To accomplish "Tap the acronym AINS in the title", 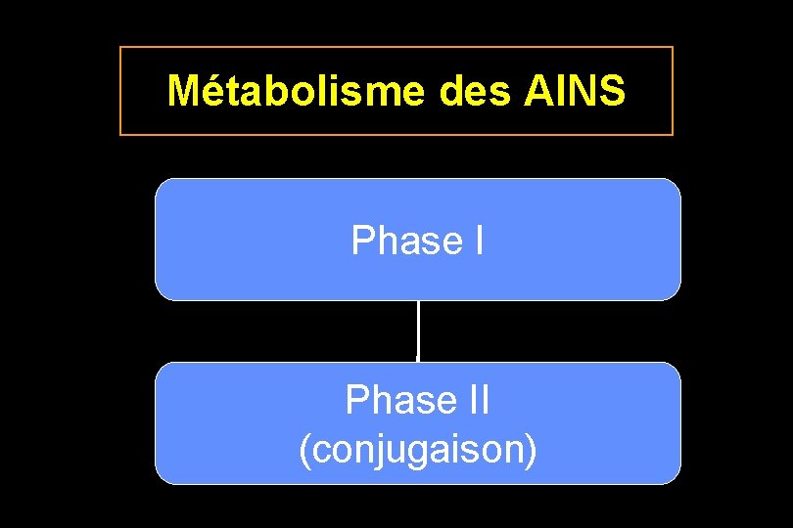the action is (575, 91).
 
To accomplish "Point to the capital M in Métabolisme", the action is (182, 91).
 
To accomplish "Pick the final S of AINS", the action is (612, 91).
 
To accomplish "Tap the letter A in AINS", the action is (537, 91).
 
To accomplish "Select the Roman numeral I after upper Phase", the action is (477, 241).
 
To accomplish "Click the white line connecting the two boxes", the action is (418, 330).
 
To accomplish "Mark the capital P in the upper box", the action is (362, 241).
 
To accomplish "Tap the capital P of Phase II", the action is (356, 400).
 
